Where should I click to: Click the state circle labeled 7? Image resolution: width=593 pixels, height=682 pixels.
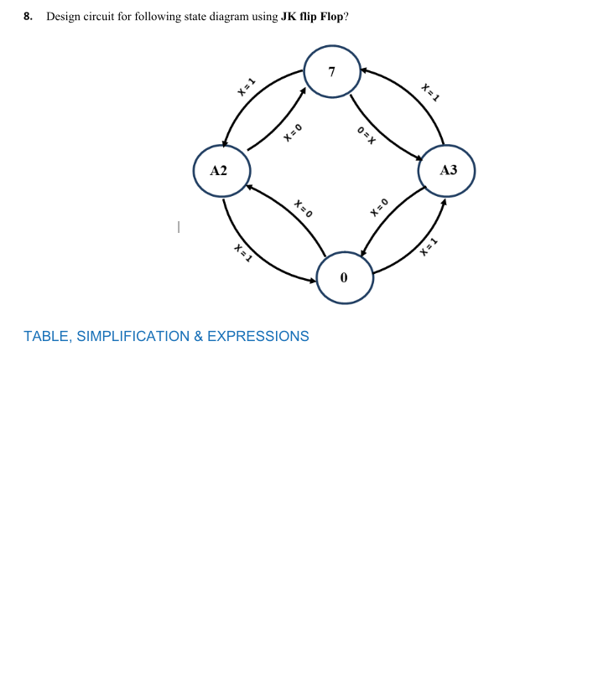(x=332, y=72)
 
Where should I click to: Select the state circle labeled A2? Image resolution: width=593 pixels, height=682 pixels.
(x=219, y=171)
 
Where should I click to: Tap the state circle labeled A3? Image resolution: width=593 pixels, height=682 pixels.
(x=448, y=170)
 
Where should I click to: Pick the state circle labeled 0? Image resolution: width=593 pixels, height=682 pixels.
(x=344, y=277)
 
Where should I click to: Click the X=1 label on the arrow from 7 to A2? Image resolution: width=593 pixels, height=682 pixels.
(x=245, y=87)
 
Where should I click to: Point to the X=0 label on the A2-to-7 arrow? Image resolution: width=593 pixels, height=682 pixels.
(x=291, y=132)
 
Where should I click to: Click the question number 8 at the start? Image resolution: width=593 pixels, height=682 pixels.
(x=28, y=17)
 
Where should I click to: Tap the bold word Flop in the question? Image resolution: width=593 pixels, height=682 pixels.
(x=332, y=17)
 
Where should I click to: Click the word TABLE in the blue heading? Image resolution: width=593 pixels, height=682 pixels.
(x=48, y=337)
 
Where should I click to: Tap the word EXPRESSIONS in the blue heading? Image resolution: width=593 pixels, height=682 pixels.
(x=257, y=337)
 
